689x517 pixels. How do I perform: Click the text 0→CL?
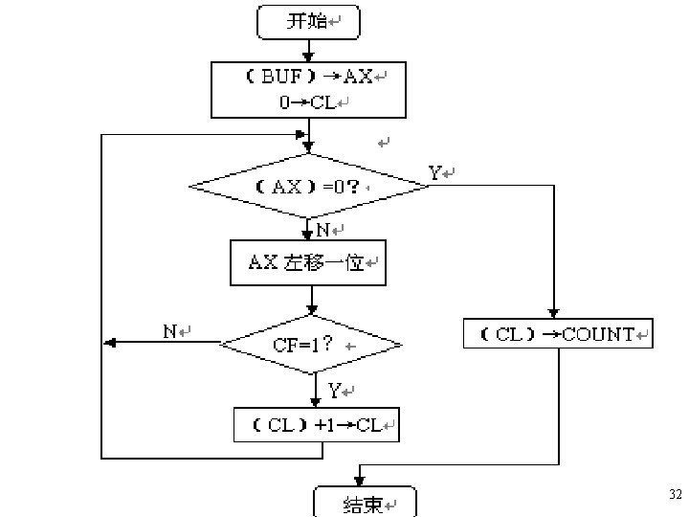(x=307, y=102)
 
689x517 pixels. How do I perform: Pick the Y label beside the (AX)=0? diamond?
(x=434, y=172)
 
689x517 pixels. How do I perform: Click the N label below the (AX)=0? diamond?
(x=323, y=230)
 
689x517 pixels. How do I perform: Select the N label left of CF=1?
(x=169, y=331)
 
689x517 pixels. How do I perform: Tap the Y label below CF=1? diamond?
(x=334, y=390)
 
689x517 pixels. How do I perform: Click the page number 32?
(x=676, y=494)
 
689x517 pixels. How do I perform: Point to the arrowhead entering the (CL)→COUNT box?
(x=554, y=313)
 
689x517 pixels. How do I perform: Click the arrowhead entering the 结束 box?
(x=360, y=481)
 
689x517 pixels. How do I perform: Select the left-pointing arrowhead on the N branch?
(x=109, y=343)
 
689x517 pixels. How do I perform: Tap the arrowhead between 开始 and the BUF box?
(x=308, y=56)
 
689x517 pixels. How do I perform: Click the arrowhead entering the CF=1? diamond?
(x=312, y=310)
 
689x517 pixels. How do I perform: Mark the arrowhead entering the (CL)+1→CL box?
(x=316, y=402)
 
